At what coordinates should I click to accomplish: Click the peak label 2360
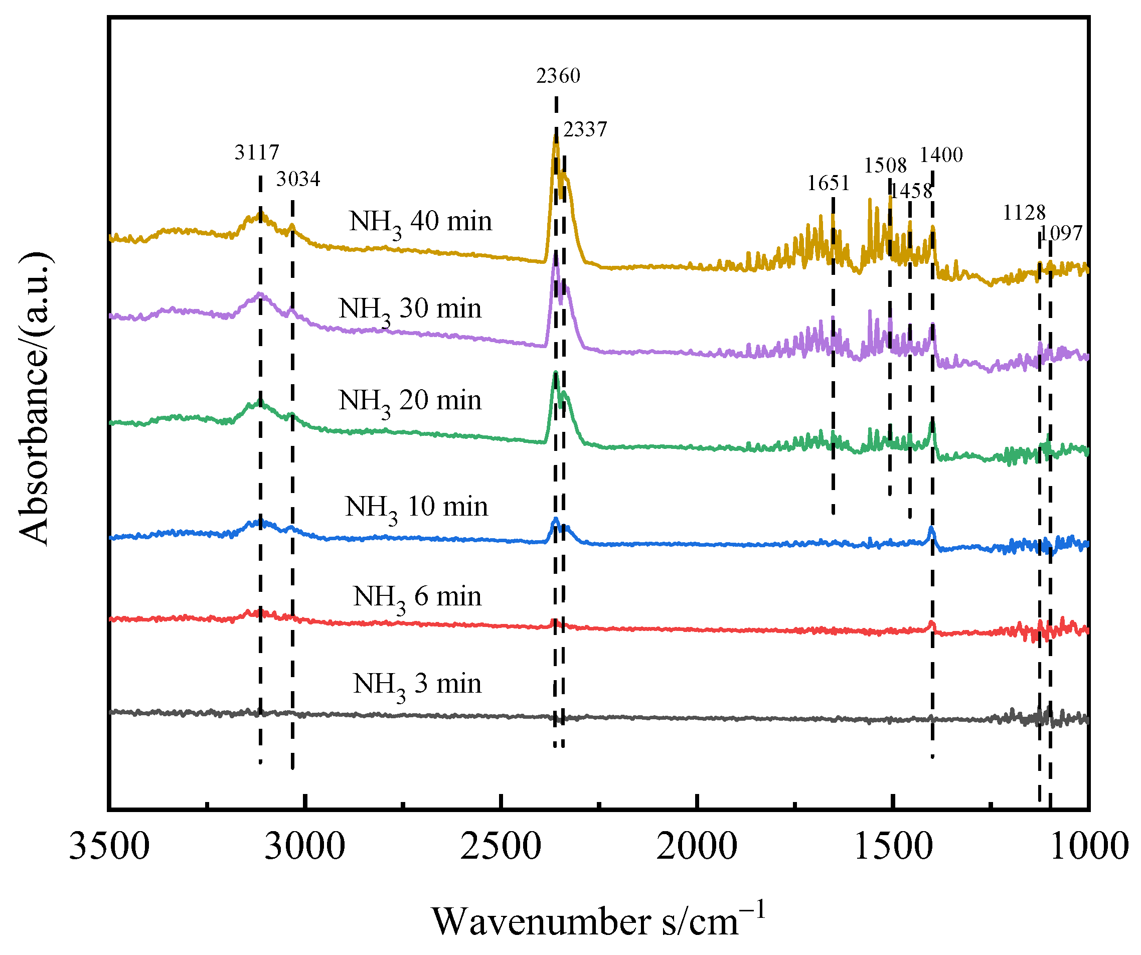point(558,76)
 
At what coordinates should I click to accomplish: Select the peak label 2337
point(585,129)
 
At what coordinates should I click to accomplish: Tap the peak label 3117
point(256,152)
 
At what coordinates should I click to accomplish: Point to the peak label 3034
point(298,179)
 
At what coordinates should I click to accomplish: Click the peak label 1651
point(828,183)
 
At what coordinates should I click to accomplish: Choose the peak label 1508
point(885,165)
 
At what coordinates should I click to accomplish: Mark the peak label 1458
point(911,191)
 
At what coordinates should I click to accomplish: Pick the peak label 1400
point(941,155)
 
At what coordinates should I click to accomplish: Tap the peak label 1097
point(1061,233)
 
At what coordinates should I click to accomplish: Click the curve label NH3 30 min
point(410,309)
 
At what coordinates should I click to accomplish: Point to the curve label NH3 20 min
point(410,401)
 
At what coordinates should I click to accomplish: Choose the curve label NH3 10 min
point(416,508)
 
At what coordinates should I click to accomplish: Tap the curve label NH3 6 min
point(417,597)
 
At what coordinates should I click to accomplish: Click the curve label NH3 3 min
point(417,685)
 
